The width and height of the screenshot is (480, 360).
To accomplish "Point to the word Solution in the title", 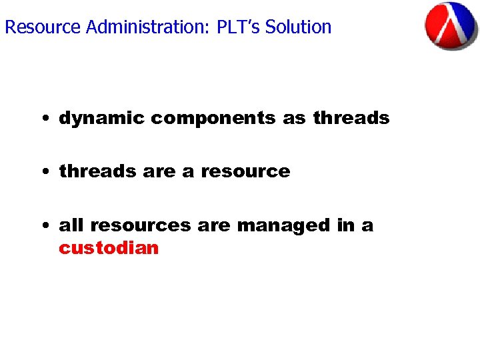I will point(298,27).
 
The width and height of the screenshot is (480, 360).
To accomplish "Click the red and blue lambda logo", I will point(451,26).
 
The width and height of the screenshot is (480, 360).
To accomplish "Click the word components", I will point(213,119).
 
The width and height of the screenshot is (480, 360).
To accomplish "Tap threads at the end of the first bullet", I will point(351,119).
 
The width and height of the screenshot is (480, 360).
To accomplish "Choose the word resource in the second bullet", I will point(245,171).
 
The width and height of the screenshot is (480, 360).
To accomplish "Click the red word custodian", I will point(109,248).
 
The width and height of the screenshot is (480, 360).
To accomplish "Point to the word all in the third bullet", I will point(71,225).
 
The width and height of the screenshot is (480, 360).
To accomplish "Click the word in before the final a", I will point(346,225).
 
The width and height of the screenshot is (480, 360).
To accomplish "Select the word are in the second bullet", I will point(159,171).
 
